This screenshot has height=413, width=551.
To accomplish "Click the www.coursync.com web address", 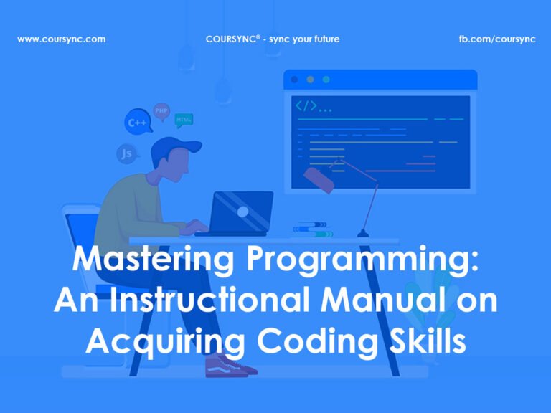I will click(61, 39).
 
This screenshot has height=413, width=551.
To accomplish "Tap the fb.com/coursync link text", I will click(497, 39).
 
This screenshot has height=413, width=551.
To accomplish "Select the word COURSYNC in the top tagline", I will click(230, 39).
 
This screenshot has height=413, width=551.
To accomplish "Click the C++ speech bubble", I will click(136, 123).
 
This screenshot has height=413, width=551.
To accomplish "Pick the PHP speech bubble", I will click(161, 110).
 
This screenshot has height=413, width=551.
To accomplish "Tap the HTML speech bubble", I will click(184, 119).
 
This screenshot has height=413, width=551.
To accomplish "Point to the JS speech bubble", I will click(126, 153).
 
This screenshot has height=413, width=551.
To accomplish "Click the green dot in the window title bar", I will click(326, 79).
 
